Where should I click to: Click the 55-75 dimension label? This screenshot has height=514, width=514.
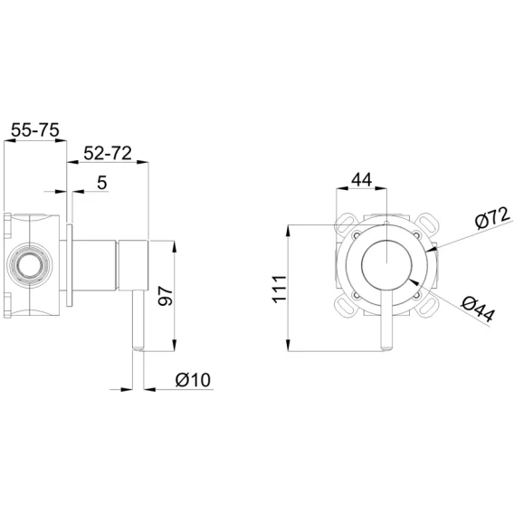[35, 130]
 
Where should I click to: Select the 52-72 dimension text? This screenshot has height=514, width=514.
[108, 153]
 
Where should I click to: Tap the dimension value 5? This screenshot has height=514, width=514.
[102, 183]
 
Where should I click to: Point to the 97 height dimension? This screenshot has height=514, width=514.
[165, 296]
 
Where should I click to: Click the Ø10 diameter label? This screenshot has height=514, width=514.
[193, 380]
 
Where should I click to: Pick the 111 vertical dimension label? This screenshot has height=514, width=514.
[280, 290]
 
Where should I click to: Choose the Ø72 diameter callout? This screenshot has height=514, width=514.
[492, 218]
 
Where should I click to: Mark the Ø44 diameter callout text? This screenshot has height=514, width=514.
[478, 309]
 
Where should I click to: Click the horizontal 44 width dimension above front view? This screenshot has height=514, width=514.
[362, 180]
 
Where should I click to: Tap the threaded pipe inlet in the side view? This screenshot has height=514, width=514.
[30, 265]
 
